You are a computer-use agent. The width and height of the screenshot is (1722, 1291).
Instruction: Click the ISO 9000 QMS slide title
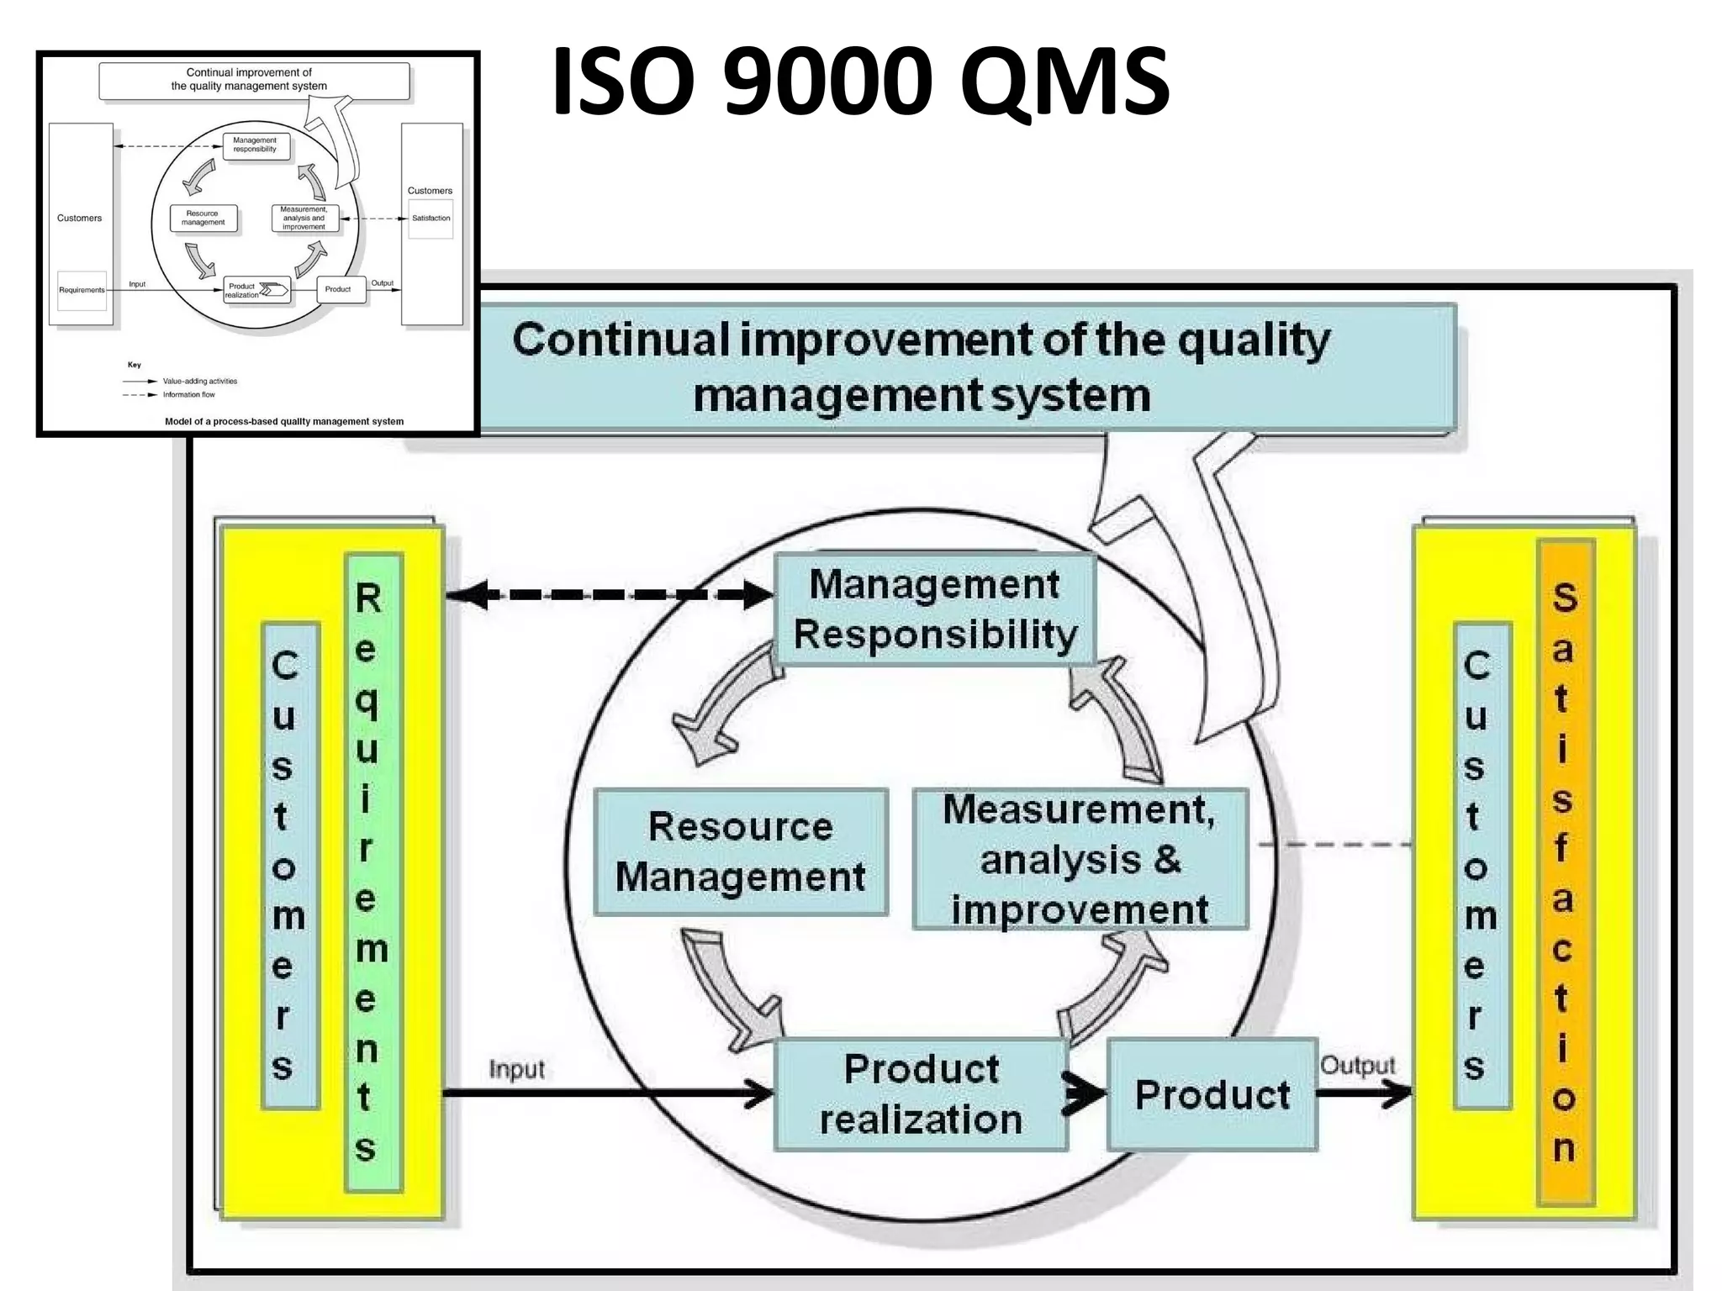tap(859, 82)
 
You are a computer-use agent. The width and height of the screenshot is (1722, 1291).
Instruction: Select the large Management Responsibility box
tap(934, 609)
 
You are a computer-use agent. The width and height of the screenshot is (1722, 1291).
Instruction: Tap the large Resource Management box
tap(740, 851)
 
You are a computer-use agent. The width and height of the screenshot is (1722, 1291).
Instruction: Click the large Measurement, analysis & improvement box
tap(1080, 859)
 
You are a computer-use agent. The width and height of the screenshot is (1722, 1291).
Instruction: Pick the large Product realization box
tap(921, 1094)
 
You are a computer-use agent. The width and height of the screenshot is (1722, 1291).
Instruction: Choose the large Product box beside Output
tap(1212, 1094)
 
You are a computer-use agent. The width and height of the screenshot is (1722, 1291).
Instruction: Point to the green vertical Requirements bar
tap(373, 872)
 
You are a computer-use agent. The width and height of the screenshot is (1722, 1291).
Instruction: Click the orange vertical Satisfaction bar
tap(1565, 872)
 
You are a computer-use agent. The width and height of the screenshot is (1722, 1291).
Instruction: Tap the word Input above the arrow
tap(516, 1069)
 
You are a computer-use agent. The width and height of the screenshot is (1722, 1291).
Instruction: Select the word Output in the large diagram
tap(1357, 1065)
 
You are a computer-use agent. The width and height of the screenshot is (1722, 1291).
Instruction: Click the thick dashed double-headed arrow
tap(609, 594)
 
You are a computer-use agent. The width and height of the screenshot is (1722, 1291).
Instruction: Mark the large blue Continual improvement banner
tap(921, 367)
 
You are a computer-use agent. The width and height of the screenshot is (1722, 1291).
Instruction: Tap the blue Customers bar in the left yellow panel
tap(290, 866)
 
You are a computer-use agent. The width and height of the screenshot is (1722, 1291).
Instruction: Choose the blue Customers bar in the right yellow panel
tap(1482, 866)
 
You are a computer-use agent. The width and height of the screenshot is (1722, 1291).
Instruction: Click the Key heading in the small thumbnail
tap(135, 365)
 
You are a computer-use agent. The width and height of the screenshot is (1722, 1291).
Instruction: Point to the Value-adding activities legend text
tap(200, 381)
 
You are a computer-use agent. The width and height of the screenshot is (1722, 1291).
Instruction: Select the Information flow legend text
tap(188, 394)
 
